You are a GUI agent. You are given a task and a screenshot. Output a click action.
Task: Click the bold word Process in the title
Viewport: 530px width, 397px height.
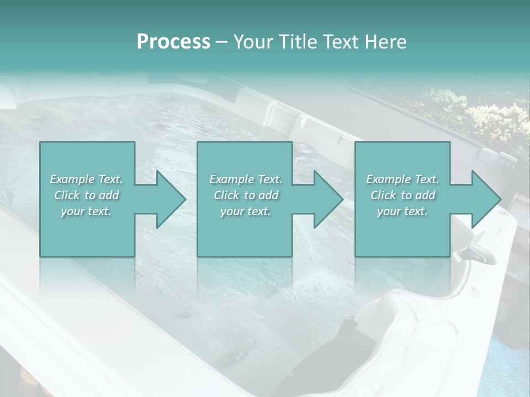[x=173, y=42]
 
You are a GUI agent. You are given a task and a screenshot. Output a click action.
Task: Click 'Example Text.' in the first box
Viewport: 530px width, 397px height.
[x=87, y=179]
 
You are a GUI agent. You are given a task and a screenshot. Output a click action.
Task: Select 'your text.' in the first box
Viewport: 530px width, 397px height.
[x=87, y=211]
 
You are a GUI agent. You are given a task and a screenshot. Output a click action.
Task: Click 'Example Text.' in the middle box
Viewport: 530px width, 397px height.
[x=246, y=179]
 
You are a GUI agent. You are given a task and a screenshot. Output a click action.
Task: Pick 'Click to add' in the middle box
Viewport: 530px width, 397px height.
[x=246, y=195]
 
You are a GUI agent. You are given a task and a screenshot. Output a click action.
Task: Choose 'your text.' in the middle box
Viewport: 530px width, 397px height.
[x=246, y=211]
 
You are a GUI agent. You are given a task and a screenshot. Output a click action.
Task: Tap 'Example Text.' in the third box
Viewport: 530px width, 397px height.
[x=402, y=179]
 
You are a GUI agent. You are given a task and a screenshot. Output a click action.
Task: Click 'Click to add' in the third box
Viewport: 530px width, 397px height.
[x=402, y=195]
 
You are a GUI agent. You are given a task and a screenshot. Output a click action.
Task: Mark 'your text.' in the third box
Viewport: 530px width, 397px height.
[x=402, y=211]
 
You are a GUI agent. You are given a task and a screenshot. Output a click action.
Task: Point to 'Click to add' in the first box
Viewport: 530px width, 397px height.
[x=87, y=195]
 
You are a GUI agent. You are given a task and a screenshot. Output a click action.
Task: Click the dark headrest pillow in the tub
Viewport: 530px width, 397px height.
[x=331, y=353]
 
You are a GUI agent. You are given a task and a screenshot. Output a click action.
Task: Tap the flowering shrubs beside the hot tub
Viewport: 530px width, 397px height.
[x=475, y=116]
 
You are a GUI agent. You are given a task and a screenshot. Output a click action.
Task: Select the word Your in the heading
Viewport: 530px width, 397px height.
[x=252, y=42]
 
